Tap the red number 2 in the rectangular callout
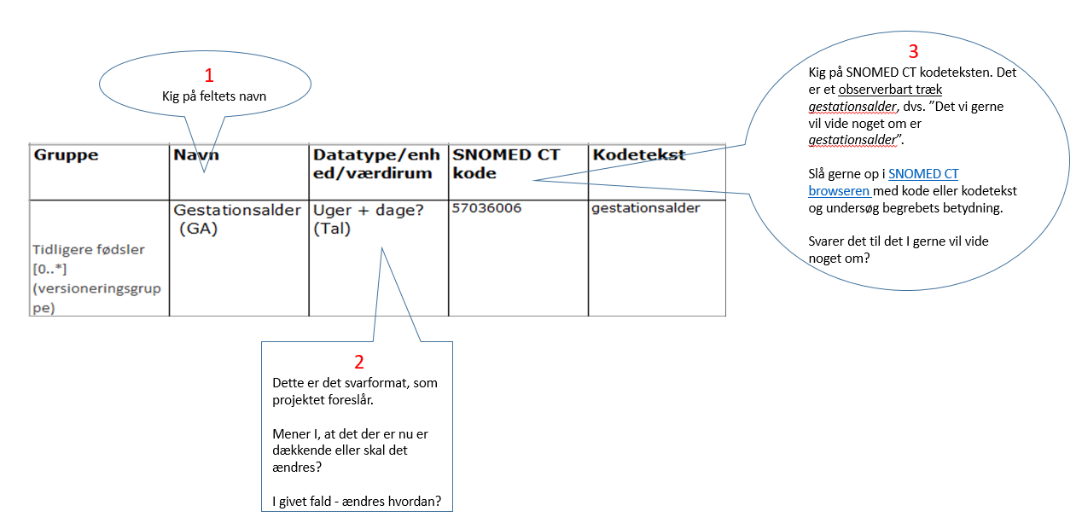358,362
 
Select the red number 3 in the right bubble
913,51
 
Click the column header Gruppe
66,155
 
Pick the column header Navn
197,155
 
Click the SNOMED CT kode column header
506,164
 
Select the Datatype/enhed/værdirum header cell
376,164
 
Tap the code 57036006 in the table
486,208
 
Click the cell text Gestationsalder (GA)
236,218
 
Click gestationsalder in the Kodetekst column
645,208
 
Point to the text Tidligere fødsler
89,250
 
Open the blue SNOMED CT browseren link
884,182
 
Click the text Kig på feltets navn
214,96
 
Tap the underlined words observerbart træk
890,90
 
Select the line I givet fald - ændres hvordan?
357,501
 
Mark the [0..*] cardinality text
49,270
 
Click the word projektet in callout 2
300,399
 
